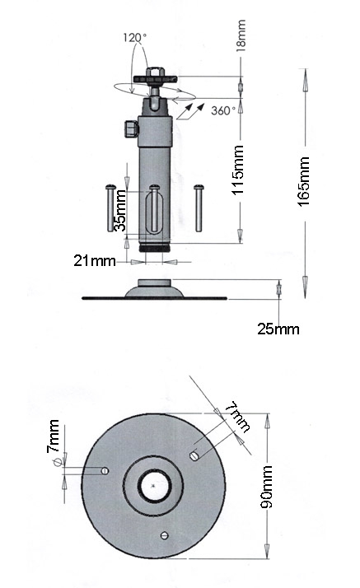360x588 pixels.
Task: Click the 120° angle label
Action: (x=135, y=38)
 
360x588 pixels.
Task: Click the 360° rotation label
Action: (x=223, y=110)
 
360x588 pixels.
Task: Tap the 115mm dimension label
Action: (x=238, y=170)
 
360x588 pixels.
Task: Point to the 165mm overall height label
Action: (x=304, y=181)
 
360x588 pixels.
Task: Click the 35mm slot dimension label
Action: (x=120, y=210)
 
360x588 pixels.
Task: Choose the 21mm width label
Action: (x=95, y=260)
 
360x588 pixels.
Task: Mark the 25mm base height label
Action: (x=278, y=329)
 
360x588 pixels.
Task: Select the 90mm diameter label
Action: (x=266, y=487)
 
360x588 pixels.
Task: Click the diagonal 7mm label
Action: (x=238, y=417)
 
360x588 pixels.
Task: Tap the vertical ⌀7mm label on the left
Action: (x=54, y=442)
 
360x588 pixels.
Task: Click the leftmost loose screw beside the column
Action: (x=110, y=208)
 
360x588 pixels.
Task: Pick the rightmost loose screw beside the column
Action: (x=199, y=208)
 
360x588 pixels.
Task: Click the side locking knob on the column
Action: (x=130, y=128)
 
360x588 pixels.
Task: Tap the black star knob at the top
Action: (x=155, y=78)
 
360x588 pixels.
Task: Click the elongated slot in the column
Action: (x=154, y=212)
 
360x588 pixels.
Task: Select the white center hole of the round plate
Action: (x=154, y=486)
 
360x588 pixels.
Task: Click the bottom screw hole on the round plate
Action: (x=164, y=535)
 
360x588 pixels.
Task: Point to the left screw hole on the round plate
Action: (x=105, y=470)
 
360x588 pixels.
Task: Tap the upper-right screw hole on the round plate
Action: (x=194, y=455)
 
